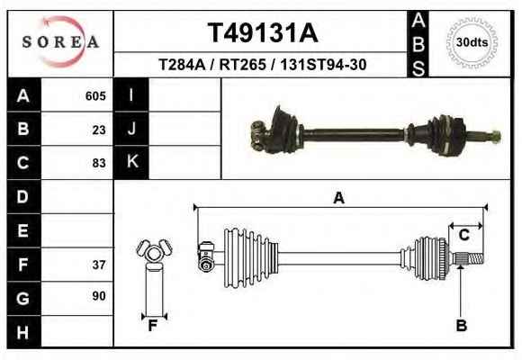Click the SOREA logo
tap(60, 41)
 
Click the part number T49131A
tap(263, 33)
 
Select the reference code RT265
tap(243, 65)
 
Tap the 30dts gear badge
tap(472, 42)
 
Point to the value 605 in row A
tap(95, 96)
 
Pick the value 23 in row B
tap(99, 130)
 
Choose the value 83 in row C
tap(99, 163)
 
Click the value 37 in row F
tap(99, 265)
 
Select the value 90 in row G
tap(99, 296)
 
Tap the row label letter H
tap(22, 332)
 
